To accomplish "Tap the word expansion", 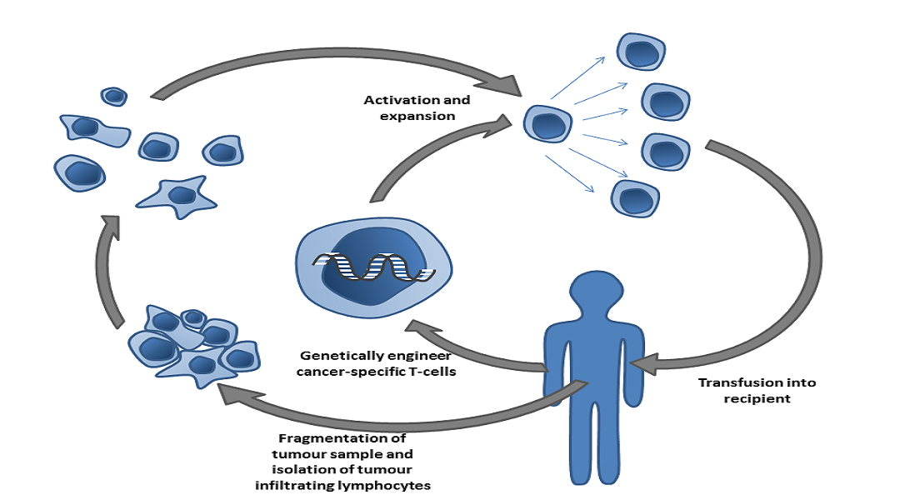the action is pyautogui.click(x=417, y=116).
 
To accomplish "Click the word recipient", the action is pyautogui.click(x=757, y=398).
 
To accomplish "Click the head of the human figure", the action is pyautogui.click(x=597, y=292).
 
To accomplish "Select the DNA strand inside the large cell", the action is pyautogui.click(x=373, y=267).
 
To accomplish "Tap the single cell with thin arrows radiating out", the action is pyautogui.click(x=547, y=123).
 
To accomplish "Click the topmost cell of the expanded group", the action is pyautogui.click(x=641, y=52).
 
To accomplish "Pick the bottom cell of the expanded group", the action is pyautogui.click(x=635, y=198).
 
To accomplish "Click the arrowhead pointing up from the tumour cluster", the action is pyautogui.click(x=111, y=226).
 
